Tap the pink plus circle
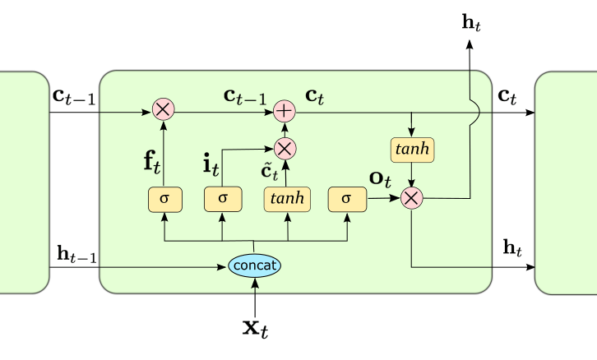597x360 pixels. [x=285, y=110]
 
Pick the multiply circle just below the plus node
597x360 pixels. [x=285, y=148]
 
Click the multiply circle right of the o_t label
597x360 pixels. [x=411, y=197]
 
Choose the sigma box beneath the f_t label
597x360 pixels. [x=163, y=198]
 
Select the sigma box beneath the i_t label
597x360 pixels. [x=221, y=198]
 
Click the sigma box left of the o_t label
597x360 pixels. [x=345, y=198]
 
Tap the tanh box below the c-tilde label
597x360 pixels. [x=288, y=198]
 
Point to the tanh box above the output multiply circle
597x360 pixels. [x=411, y=150]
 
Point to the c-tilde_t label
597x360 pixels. [x=271, y=171]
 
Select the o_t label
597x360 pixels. [x=380, y=177]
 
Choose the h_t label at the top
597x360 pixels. [x=471, y=21]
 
